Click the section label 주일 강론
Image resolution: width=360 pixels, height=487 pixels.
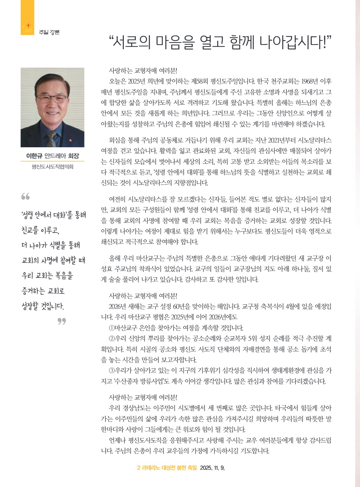(x=49, y=32)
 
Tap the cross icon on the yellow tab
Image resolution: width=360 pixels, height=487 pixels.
(x=28, y=26)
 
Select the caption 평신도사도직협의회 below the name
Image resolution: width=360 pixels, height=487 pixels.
(x=52, y=167)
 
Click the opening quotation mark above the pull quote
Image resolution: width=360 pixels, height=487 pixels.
(x=25, y=196)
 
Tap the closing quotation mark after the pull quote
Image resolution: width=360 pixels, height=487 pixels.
(x=62, y=321)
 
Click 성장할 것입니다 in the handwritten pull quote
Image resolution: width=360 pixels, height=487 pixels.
(x=43, y=306)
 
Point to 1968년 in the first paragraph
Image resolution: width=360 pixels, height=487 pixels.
(x=310, y=82)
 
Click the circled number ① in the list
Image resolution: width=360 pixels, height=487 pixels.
(x=112, y=328)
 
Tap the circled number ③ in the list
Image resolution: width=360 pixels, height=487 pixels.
(x=112, y=371)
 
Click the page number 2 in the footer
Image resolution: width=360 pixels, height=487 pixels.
(x=139, y=468)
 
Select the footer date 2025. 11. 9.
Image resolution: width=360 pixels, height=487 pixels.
(x=212, y=468)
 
